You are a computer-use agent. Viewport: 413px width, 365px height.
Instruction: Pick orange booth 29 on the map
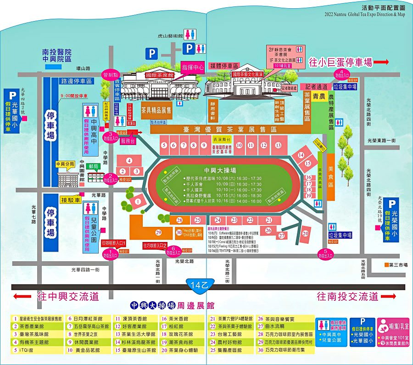pos(158,232)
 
